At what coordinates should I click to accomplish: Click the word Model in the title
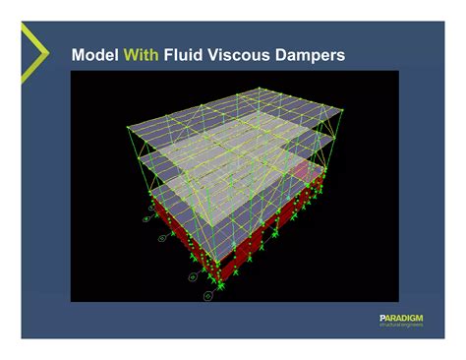click(93, 56)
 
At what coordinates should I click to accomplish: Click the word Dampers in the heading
click(313, 56)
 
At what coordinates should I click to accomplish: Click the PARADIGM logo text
click(402, 317)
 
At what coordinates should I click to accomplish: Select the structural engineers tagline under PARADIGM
click(402, 326)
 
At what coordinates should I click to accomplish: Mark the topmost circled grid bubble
click(150, 208)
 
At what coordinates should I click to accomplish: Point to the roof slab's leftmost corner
click(128, 125)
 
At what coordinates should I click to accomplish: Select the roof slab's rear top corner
click(261, 88)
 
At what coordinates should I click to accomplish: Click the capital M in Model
click(80, 56)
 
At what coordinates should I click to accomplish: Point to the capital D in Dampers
click(286, 56)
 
